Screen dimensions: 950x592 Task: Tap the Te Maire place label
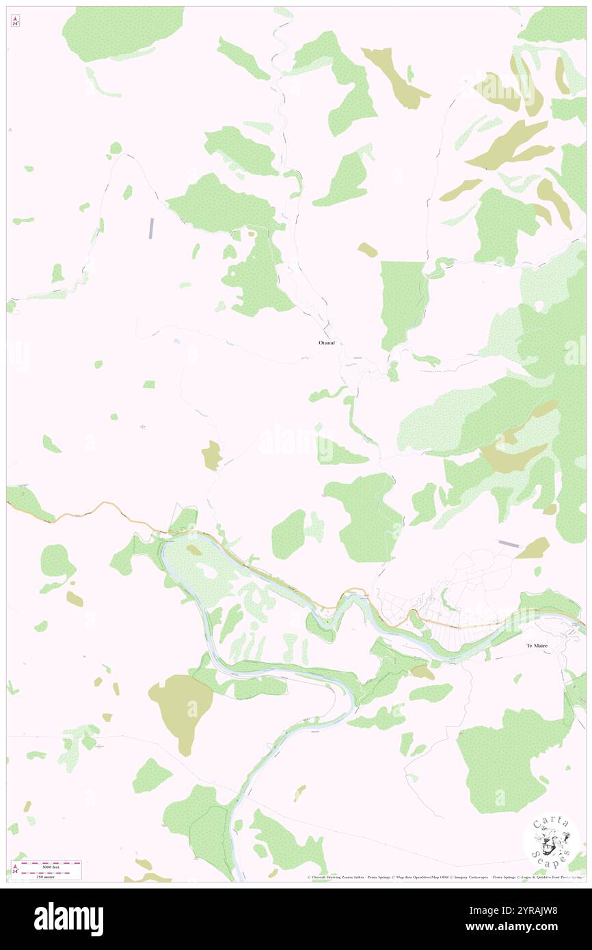[x=539, y=645]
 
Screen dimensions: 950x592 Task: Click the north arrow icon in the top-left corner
[x=15, y=22]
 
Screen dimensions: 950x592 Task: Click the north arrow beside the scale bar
[x=15, y=869]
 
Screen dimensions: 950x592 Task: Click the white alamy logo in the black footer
[x=68, y=919]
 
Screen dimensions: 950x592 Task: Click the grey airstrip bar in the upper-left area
[x=152, y=228]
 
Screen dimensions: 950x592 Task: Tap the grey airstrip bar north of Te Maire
[x=509, y=543]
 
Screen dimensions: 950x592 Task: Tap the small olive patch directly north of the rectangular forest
[x=367, y=249]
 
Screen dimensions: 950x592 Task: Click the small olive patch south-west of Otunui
[x=212, y=455]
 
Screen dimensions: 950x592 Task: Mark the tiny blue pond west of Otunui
[x=177, y=341]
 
